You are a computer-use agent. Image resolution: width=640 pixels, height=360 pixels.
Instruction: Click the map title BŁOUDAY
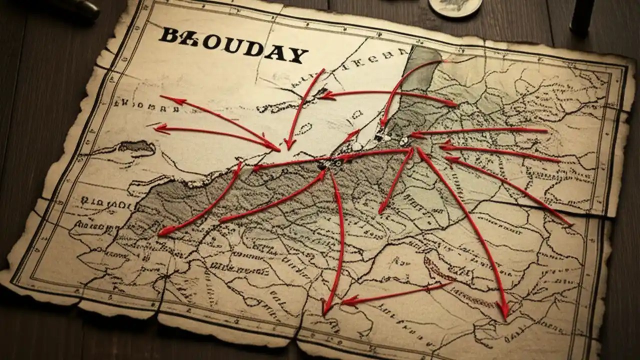tap(233, 45)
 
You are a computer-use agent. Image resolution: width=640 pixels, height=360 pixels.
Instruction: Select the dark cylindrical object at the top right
tap(583, 15)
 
